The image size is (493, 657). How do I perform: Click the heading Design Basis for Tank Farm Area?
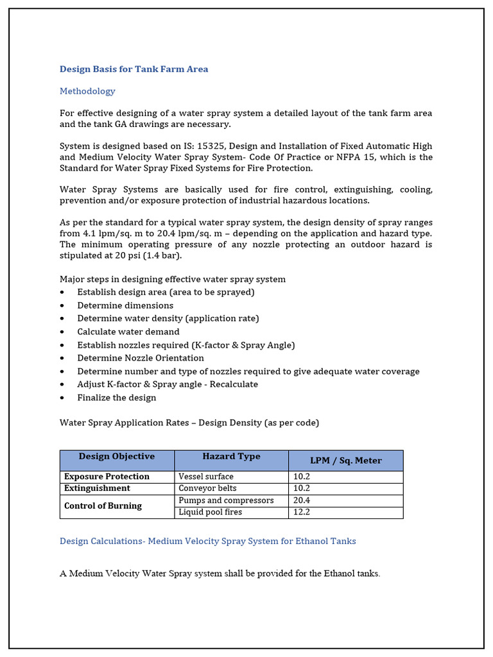coord(134,69)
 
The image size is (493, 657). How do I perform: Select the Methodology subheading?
coord(87,91)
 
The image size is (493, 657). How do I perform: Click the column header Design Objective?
coord(116,457)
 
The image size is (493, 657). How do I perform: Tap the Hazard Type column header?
coord(231,457)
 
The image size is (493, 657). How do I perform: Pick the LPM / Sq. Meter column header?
coord(346,461)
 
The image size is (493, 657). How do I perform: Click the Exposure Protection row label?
coord(107,477)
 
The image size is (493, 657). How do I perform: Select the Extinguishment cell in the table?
coord(97,488)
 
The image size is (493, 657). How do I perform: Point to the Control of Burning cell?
coord(103,506)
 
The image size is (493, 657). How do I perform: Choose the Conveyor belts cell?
coord(207,488)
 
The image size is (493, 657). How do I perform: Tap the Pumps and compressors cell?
coord(226,500)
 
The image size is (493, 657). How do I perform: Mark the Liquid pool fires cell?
coord(211,512)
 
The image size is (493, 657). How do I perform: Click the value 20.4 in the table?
coord(302,500)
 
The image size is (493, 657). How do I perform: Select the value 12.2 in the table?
coord(302,512)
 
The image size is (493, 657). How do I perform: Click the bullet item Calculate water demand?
coord(128,332)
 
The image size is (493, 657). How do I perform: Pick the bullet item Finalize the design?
coord(117,398)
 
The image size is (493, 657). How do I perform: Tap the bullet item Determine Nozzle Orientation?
coord(141,358)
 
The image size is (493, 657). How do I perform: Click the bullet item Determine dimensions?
coord(125,305)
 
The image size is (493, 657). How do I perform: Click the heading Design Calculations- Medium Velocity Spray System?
coord(207,541)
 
